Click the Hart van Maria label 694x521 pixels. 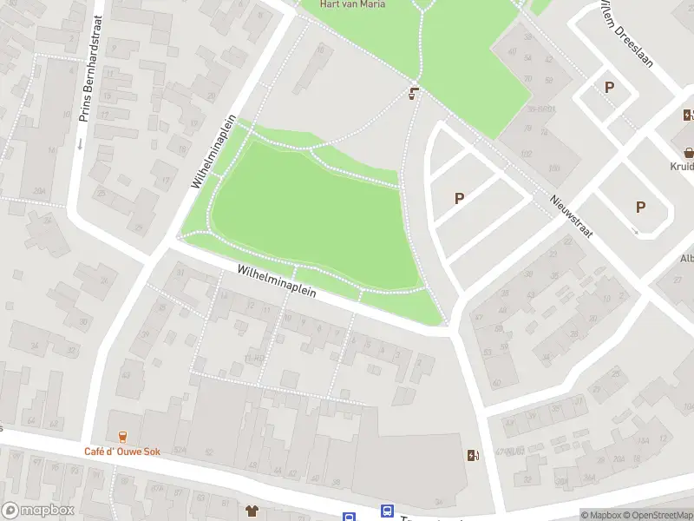pyautogui.click(x=353, y=4)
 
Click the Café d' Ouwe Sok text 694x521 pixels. pyautogui.click(x=121, y=452)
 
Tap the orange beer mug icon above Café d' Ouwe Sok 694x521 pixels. pyautogui.click(x=121, y=437)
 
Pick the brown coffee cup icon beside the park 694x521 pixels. pyautogui.click(x=415, y=93)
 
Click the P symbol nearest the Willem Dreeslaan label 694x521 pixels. pyautogui.click(x=609, y=87)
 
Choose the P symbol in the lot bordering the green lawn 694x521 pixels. pyautogui.click(x=459, y=198)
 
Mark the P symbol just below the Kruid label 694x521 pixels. pyautogui.click(x=640, y=207)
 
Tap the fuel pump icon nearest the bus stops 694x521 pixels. pyautogui.click(x=472, y=455)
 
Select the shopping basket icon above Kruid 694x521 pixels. pyautogui.click(x=689, y=150)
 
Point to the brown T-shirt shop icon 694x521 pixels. pyautogui.click(x=252, y=510)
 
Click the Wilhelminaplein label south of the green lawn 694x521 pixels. pyautogui.click(x=277, y=283)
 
